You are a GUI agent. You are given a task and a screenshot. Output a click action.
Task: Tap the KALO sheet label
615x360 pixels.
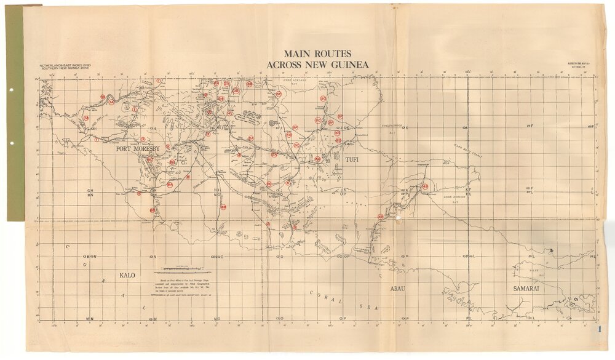[x=127, y=275]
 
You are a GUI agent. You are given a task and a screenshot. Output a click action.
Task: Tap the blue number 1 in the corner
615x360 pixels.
[x=598, y=329]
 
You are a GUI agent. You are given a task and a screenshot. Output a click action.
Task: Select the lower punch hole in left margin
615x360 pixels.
[x=12, y=144]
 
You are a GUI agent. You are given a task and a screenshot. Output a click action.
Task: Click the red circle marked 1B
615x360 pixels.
[x=86, y=118]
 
